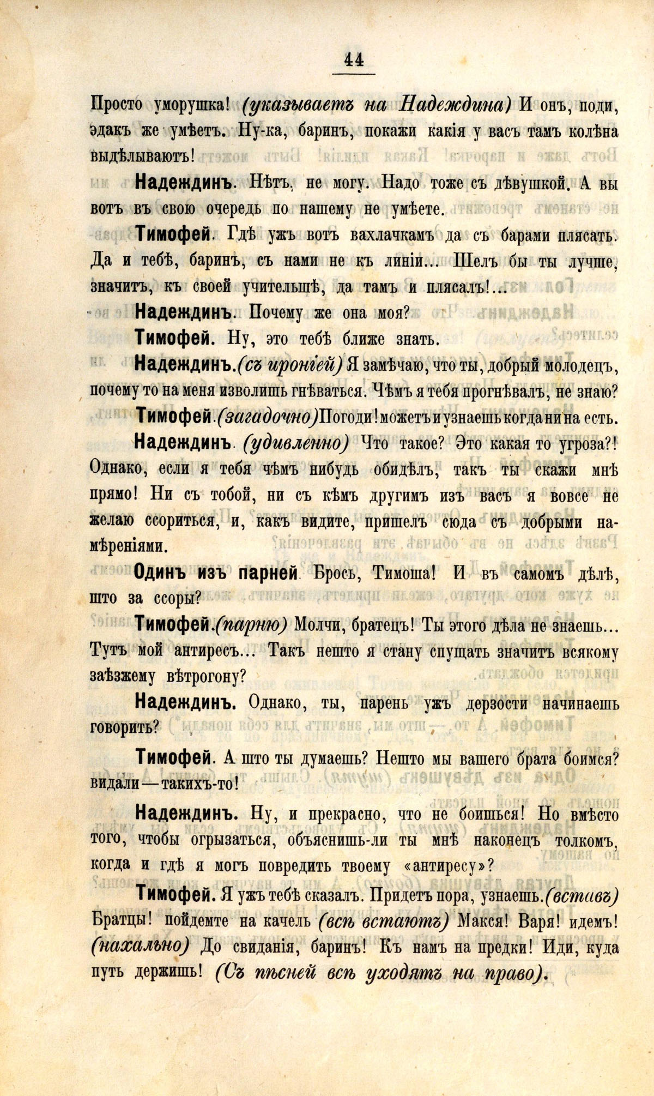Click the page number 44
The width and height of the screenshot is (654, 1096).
pyautogui.click(x=354, y=58)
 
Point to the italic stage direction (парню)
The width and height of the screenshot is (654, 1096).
pyautogui.click(x=251, y=625)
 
